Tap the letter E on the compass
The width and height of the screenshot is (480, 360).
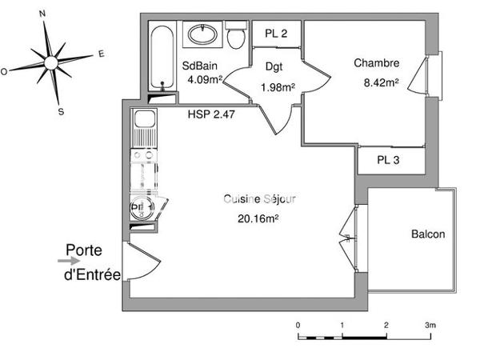click(101, 54)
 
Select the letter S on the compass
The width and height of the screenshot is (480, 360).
click(61, 111)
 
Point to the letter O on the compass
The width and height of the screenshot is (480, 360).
click(4, 71)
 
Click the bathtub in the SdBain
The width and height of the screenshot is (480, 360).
click(161, 58)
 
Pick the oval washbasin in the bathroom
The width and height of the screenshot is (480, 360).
click(201, 34)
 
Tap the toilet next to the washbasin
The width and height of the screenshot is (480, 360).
click(235, 37)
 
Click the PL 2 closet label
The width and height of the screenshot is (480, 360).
click(276, 33)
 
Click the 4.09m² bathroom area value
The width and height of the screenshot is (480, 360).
click(203, 80)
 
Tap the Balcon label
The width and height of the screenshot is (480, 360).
click(427, 234)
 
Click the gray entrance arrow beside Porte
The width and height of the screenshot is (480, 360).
click(65, 260)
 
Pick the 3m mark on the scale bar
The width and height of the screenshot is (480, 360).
click(430, 325)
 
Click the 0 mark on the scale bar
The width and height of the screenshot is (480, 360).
click(298, 325)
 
